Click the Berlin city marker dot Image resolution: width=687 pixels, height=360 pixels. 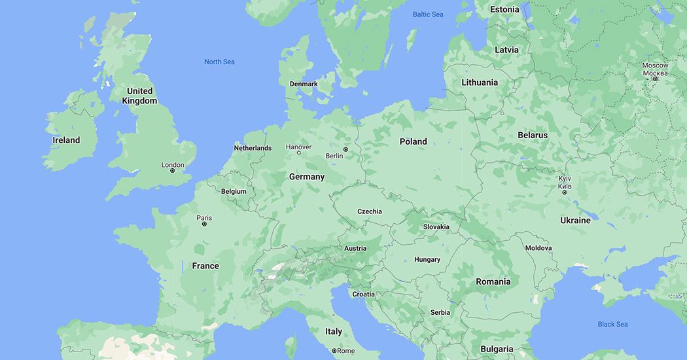tap(346, 149)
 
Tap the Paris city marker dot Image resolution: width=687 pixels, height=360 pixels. tap(204, 224)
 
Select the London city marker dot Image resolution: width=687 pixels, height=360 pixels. tap(173, 171)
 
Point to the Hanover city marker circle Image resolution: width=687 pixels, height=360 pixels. tap(299, 153)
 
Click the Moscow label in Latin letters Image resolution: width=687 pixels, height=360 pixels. tap(655, 65)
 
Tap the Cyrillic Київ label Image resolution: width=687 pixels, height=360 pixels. tap(565, 187)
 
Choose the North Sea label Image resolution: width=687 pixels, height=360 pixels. tap(219, 62)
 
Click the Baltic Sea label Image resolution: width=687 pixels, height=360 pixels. tap(428, 14)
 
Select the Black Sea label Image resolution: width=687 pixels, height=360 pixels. tap(612, 324)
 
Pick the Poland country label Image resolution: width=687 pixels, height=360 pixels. tap(413, 141)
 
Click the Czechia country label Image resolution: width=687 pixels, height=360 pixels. tap(370, 211)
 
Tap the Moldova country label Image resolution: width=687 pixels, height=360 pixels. tap(538, 248)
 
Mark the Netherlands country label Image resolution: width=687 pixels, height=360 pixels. tap(253, 148)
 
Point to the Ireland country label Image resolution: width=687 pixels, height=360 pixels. tap(66, 140)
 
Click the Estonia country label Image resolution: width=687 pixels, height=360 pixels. tap(504, 9)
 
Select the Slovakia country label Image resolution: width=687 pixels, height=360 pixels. tap(436, 227)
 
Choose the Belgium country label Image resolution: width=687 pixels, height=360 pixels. tap(234, 191)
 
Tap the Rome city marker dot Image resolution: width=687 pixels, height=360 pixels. tap(334, 351)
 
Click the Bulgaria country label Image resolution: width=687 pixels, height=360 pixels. tap(497, 349)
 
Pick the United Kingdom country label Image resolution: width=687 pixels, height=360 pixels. tap(139, 96)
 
